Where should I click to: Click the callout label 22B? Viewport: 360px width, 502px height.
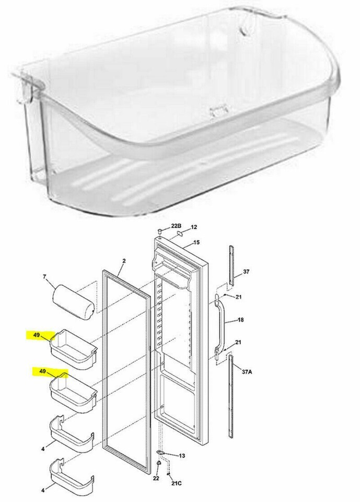point(176,226)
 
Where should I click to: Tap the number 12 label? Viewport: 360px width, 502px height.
point(194,227)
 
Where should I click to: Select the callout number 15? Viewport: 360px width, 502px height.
point(196,242)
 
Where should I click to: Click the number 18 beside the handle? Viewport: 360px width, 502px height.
point(241,320)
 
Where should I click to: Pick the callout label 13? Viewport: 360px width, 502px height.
point(182,455)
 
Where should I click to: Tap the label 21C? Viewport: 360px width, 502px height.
point(176,483)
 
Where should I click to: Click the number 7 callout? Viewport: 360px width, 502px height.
point(44,276)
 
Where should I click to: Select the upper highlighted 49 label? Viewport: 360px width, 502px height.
point(37,335)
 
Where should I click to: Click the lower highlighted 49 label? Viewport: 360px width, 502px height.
point(42,371)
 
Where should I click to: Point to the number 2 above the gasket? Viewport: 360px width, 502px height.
point(124,261)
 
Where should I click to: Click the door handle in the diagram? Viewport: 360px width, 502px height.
point(219,324)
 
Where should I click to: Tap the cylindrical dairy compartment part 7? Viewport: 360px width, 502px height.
point(73,302)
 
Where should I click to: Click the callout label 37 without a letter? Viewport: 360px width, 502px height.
point(246,272)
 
